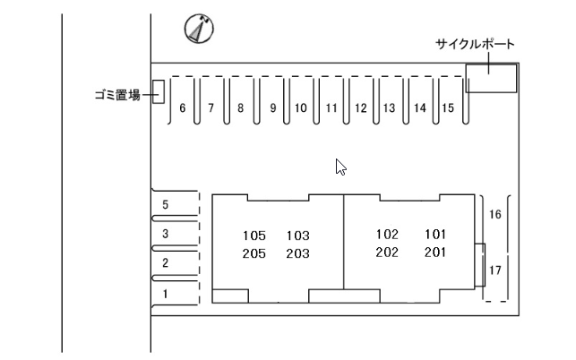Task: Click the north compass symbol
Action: (x=198, y=30)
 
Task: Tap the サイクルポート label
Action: (x=475, y=44)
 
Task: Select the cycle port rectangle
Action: (x=491, y=77)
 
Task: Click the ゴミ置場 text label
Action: (x=116, y=94)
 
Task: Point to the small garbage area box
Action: (x=158, y=91)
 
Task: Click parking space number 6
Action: (x=183, y=108)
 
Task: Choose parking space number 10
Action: (x=301, y=108)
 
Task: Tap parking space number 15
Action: (x=448, y=108)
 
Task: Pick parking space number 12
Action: (x=360, y=108)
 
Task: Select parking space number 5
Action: (x=165, y=205)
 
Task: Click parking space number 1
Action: (x=165, y=292)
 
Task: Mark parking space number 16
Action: (x=495, y=215)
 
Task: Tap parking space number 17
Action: (x=495, y=270)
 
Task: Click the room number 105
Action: (x=254, y=236)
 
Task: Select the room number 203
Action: (x=297, y=253)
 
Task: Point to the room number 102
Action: (x=387, y=235)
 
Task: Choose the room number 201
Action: (x=435, y=253)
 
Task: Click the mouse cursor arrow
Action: (x=340, y=167)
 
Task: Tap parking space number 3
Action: (x=165, y=234)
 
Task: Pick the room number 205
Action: (x=254, y=253)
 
